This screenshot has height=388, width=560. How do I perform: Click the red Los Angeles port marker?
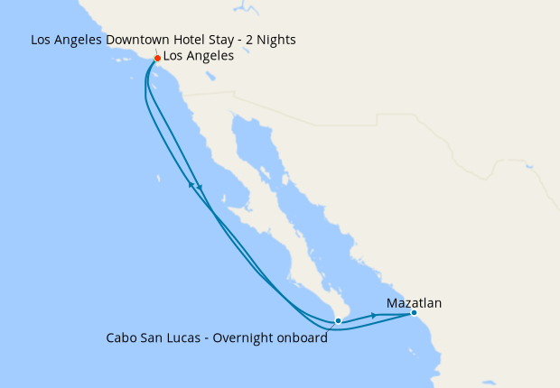[157, 59]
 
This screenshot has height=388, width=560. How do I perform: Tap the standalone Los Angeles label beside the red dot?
[199, 56]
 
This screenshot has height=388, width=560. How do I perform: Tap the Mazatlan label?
[414, 303]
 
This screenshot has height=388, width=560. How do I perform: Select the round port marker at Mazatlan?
[414, 313]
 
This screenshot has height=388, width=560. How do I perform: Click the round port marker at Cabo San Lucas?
[337, 320]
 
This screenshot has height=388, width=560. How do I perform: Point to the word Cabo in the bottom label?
[121, 337]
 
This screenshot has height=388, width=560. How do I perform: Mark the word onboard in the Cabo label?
[303, 337]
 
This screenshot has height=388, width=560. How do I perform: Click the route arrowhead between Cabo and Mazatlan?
[373, 316]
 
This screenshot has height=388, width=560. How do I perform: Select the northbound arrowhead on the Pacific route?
[191, 185]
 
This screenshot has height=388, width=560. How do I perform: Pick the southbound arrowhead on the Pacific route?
[200, 187]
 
